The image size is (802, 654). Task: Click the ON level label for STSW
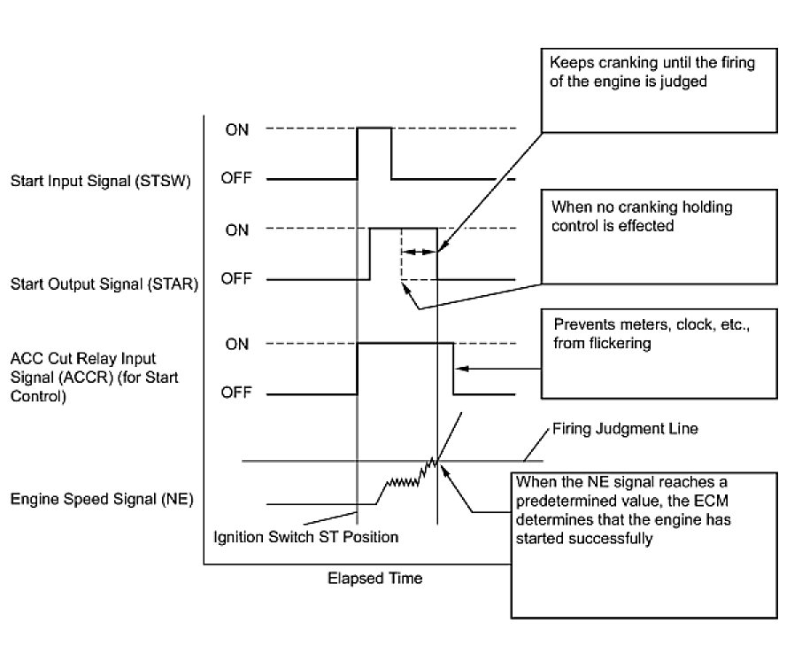tap(236, 129)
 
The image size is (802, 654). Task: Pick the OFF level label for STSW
tap(236, 179)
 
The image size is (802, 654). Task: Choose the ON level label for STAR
tap(236, 230)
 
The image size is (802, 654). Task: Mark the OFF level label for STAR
tap(236, 279)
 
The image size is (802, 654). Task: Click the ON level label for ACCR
tap(236, 344)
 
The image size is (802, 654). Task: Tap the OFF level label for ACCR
tap(236, 393)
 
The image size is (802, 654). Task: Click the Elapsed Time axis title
tap(375, 579)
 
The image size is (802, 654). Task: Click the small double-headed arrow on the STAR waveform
tap(420, 252)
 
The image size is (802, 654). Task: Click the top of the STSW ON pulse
tap(374, 128)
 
